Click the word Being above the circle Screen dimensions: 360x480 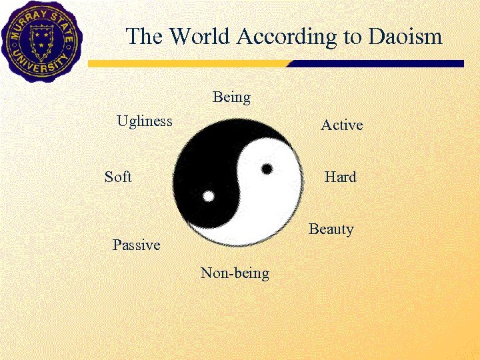(231, 97)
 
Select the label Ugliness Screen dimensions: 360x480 (145, 121)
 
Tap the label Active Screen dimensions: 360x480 (341, 125)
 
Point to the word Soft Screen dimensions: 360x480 (118, 177)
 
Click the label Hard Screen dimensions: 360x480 (340, 177)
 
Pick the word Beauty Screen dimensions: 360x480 (331, 229)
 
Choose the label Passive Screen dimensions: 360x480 (136, 245)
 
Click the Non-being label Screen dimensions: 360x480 (235, 273)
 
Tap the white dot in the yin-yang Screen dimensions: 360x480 (209, 197)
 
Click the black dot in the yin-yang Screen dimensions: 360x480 (267, 169)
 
